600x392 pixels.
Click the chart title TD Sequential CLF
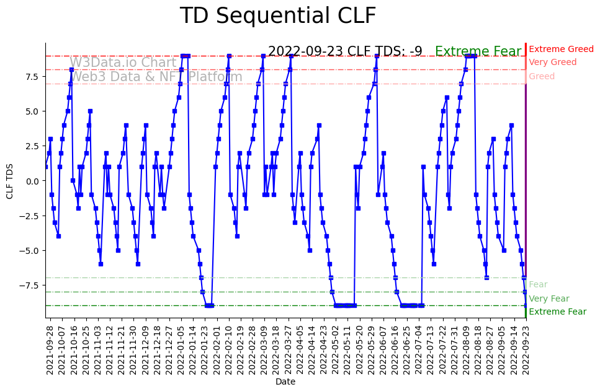pyautogui.click(x=277, y=16)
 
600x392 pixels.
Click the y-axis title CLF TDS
pyautogui.click(x=10, y=180)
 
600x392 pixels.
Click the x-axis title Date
pyautogui.click(x=285, y=382)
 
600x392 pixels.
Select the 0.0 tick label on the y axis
pyautogui.click(x=30, y=181)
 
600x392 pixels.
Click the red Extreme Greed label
pyautogui.click(x=561, y=49)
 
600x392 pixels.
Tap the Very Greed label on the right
pyautogui.click(x=552, y=63)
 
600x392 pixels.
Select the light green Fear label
pyautogui.click(x=538, y=285)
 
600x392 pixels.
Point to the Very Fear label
pyautogui.click(x=549, y=298)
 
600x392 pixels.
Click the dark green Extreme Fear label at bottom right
pyautogui.click(x=557, y=312)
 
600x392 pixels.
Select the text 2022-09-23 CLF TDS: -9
pyautogui.click(x=345, y=51)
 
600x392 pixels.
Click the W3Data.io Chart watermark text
pyautogui.click(x=123, y=63)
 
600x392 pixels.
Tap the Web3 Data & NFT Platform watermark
pyautogui.click(x=156, y=77)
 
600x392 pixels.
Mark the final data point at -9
pyautogui.click(x=526, y=305)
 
